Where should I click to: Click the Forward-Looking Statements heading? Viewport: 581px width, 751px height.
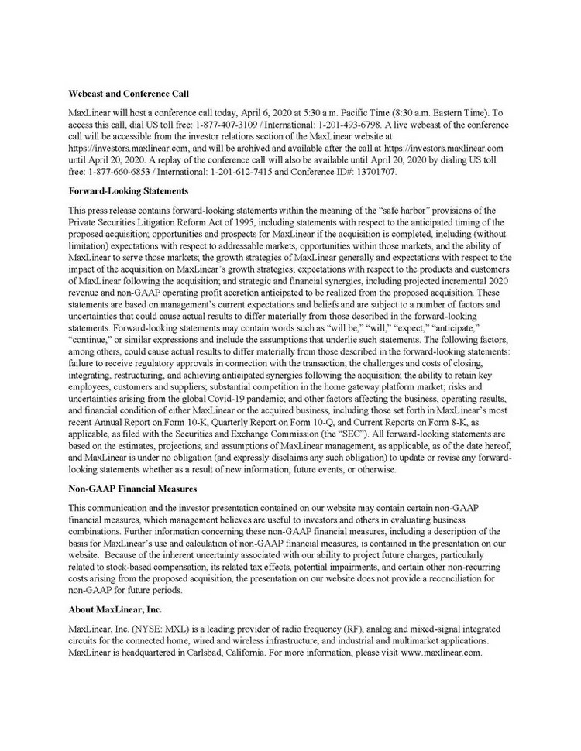click(129, 190)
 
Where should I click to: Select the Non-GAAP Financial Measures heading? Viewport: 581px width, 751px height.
click(132, 489)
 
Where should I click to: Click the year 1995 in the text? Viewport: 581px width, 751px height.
click(225, 223)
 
